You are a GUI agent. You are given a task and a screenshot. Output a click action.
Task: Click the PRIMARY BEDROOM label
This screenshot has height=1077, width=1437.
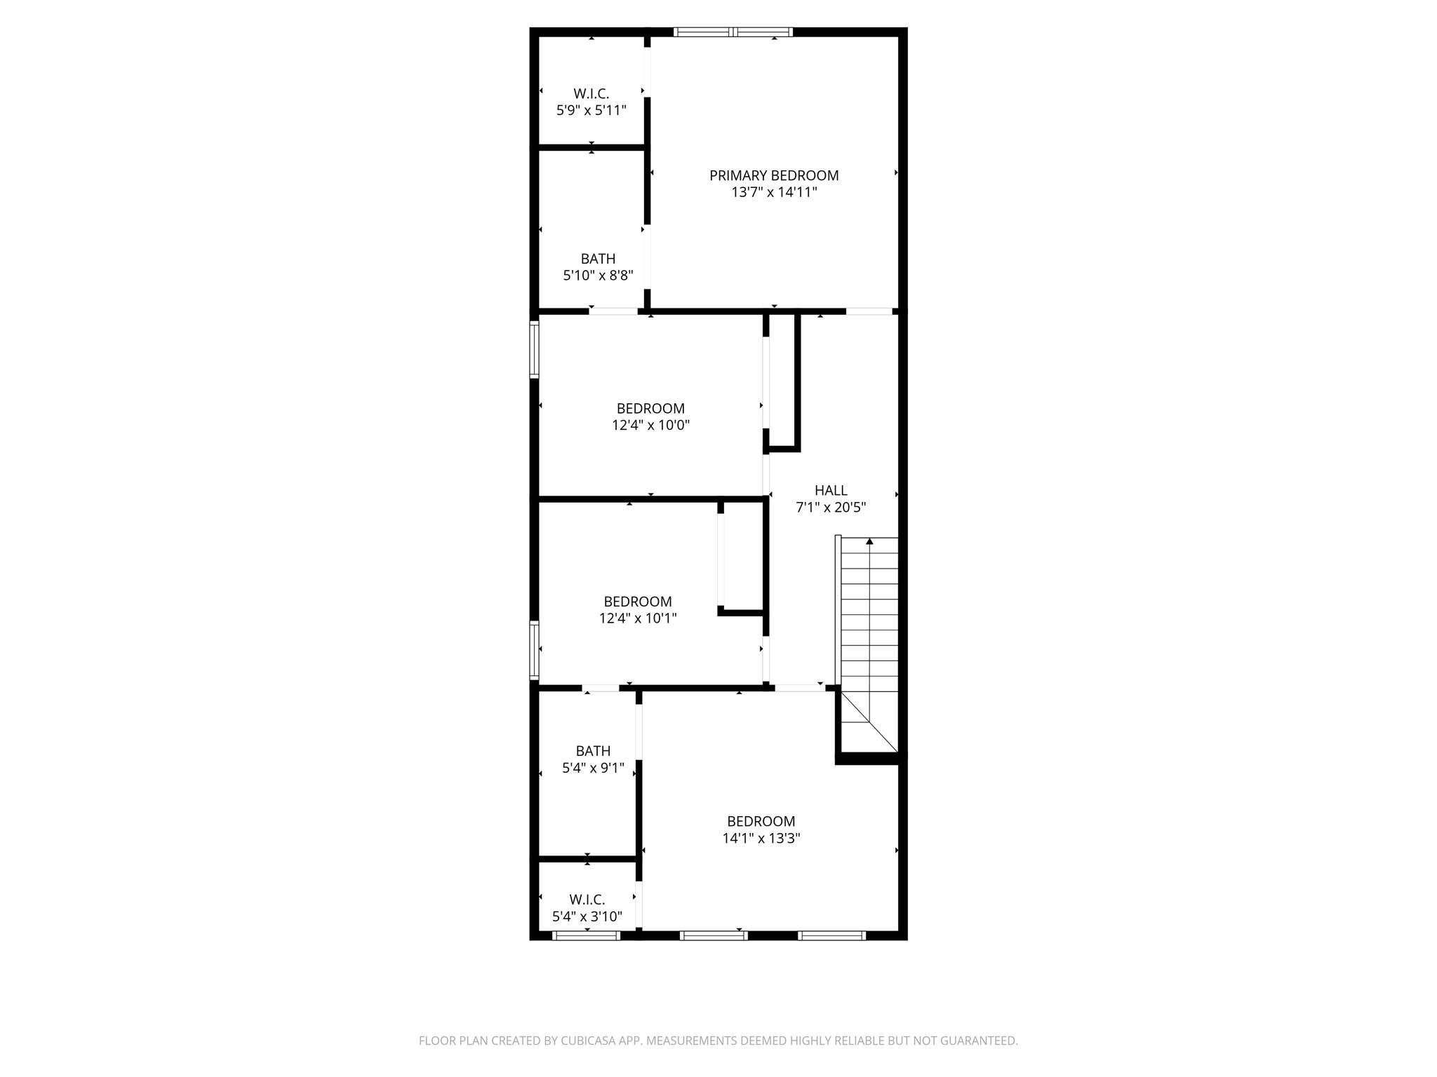click(x=774, y=175)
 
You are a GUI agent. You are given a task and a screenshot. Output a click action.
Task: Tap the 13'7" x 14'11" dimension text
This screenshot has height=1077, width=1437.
click(x=774, y=192)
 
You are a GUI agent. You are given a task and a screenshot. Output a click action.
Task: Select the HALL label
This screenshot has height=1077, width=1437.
click(x=831, y=491)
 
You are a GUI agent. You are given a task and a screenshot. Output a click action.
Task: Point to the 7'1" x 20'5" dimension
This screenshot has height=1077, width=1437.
click(x=831, y=508)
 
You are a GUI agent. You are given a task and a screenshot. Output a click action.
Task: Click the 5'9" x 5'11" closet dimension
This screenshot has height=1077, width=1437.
click(x=591, y=110)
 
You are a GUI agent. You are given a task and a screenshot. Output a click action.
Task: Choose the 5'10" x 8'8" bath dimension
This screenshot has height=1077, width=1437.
click(x=598, y=276)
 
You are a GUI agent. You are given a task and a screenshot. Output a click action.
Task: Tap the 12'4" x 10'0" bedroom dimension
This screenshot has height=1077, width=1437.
click(x=650, y=425)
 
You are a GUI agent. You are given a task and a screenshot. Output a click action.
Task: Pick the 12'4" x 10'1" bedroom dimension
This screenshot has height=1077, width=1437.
click(x=638, y=618)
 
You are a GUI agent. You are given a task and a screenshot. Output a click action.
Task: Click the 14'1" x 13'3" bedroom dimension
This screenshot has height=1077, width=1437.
click(x=761, y=838)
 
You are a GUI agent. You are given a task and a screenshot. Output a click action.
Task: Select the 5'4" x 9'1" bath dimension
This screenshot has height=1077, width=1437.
click(x=593, y=768)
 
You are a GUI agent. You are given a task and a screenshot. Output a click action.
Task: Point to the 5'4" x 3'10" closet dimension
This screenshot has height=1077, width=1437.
click(x=587, y=916)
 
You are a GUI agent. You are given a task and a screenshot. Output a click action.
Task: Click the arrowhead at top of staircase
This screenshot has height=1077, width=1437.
click(x=869, y=541)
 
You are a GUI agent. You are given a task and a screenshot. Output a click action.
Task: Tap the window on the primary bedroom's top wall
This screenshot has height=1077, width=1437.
click(x=733, y=32)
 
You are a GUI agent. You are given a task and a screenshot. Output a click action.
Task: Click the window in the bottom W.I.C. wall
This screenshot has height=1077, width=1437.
click(x=587, y=935)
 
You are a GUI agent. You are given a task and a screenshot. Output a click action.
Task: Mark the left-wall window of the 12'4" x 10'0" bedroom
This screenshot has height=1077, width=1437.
click(x=534, y=349)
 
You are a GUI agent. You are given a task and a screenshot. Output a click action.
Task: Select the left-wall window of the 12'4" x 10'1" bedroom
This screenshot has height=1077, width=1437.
click(x=534, y=650)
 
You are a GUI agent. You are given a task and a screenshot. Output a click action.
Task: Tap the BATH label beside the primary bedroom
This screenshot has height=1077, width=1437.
click(x=598, y=259)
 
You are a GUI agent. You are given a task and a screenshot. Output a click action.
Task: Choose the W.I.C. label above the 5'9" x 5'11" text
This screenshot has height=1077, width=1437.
click(x=591, y=93)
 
